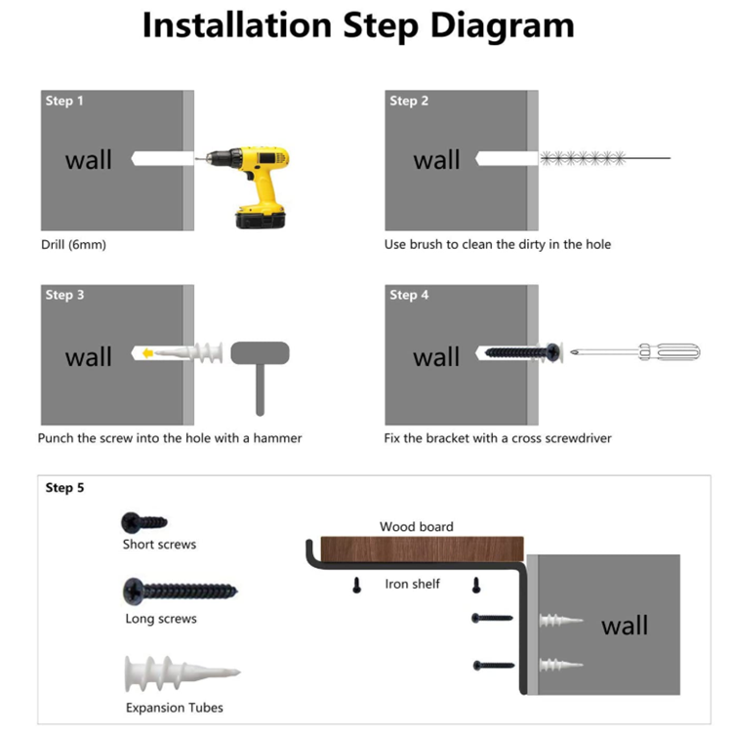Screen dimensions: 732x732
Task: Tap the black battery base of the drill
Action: click(261, 220)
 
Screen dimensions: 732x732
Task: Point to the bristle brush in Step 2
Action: click(583, 158)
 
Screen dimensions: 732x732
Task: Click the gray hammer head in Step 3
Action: click(260, 353)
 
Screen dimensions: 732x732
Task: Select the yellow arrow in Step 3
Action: click(147, 353)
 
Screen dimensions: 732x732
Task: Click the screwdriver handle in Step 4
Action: click(670, 351)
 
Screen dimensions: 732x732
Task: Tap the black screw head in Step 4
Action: click(552, 352)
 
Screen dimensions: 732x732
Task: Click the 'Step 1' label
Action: click(64, 101)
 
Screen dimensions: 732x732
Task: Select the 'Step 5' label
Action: click(64, 488)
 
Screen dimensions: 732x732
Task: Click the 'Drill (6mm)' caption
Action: click(74, 245)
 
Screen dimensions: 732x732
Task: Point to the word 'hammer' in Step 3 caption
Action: click(278, 438)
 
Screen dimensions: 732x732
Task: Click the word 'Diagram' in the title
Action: click(503, 25)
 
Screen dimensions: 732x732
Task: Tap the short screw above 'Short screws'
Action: click(143, 522)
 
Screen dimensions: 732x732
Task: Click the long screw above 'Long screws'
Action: click(181, 591)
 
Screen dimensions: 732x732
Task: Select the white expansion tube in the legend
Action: click(183, 673)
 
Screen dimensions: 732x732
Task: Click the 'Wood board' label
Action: click(417, 527)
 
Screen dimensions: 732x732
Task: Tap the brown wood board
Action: click(422, 549)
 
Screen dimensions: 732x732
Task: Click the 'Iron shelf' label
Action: click(412, 584)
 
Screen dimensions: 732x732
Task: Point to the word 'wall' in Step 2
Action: click(436, 160)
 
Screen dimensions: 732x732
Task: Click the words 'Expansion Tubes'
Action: click(175, 708)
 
